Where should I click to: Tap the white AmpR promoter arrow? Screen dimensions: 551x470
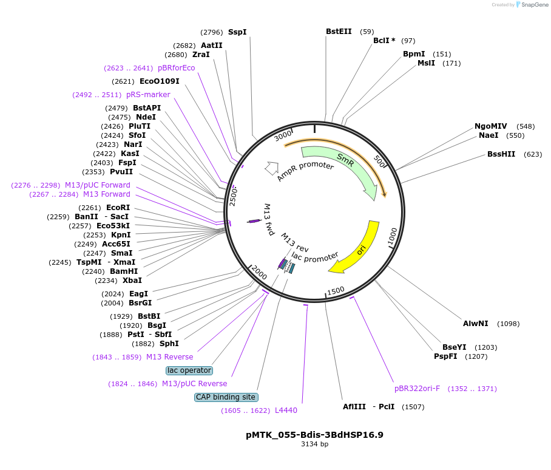click(271, 168)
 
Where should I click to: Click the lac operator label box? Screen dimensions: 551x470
click(189, 370)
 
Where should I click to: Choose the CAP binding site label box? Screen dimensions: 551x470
click(226, 397)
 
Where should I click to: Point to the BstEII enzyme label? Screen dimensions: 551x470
click(339, 32)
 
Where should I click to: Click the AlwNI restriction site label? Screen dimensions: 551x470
click(475, 324)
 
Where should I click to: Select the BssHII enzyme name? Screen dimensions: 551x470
click(501, 154)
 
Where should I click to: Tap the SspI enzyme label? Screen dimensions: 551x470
click(237, 32)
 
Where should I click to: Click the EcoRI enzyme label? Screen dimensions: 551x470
click(118, 208)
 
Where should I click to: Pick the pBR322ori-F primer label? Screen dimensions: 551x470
click(417, 389)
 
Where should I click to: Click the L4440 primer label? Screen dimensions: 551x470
click(286, 410)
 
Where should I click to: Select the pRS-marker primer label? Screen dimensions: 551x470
click(148, 95)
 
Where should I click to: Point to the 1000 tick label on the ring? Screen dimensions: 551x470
click(392, 235)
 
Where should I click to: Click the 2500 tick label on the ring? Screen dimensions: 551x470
click(234, 197)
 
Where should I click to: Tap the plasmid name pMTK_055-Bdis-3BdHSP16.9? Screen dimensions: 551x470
click(314, 435)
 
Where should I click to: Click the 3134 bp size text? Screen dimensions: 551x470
click(314, 444)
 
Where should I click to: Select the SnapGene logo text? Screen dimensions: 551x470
click(535, 5)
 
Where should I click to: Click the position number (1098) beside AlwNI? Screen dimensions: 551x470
click(508, 324)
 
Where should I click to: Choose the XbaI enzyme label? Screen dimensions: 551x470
click(132, 281)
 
